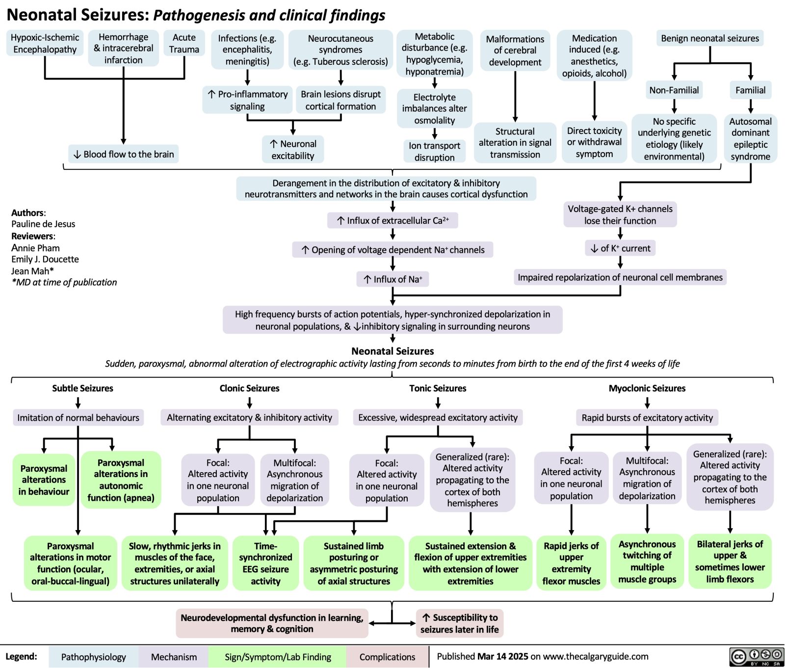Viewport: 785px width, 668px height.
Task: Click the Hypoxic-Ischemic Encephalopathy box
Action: click(x=45, y=43)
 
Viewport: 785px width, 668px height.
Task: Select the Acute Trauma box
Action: click(x=184, y=43)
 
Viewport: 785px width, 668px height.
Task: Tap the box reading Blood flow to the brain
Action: click(x=124, y=154)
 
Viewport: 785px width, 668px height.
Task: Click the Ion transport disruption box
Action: click(x=434, y=151)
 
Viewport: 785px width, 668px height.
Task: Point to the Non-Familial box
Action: click(x=674, y=90)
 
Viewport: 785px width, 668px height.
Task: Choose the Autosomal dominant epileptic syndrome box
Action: click(x=750, y=138)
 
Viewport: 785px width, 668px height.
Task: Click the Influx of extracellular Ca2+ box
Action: click(x=392, y=220)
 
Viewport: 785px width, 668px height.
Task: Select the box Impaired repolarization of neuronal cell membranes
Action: click(x=620, y=277)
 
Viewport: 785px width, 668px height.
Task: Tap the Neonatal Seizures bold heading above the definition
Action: click(x=392, y=351)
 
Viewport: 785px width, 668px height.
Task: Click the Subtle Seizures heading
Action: click(x=82, y=388)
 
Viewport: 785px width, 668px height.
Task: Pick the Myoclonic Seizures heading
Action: click(x=647, y=388)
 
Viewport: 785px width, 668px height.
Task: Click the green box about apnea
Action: click(x=121, y=480)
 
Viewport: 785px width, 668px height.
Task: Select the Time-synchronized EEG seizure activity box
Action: click(x=265, y=563)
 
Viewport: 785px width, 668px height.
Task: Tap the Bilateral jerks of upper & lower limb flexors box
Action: click(x=730, y=561)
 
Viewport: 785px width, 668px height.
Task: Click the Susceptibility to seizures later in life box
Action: click(x=459, y=623)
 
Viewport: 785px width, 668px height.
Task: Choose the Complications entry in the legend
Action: click(x=387, y=657)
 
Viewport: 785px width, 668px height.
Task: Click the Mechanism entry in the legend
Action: click(x=174, y=657)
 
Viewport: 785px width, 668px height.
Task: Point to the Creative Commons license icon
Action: click(x=757, y=657)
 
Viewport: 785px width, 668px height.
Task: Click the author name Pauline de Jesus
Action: click(x=43, y=224)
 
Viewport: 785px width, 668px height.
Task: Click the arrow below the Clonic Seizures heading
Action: click(x=250, y=403)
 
